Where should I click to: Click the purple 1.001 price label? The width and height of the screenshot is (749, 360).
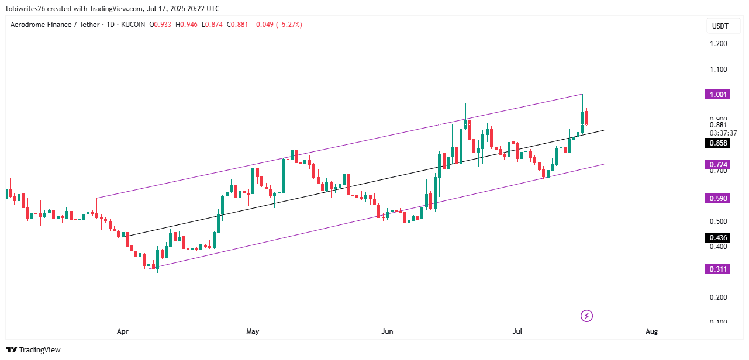click(718, 95)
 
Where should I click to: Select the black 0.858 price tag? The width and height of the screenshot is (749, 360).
click(718, 143)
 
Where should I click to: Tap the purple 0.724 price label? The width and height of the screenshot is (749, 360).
click(718, 165)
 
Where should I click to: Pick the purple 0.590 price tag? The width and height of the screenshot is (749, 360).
click(718, 199)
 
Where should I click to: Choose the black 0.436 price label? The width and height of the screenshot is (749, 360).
click(718, 238)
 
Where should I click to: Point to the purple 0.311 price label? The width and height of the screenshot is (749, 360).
click(718, 269)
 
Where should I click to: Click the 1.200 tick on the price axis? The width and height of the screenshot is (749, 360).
click(718, 44)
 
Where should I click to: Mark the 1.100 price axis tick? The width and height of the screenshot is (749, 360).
click(718, 70)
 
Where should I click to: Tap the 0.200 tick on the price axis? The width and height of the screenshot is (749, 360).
click(718, 297)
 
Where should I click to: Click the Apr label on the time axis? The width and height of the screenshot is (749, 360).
click(122, 331)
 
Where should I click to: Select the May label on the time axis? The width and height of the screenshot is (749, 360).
click(253, 331)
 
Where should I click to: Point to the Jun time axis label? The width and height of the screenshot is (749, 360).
click(387, 331)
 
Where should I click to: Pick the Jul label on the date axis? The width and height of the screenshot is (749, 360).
click(517, 331)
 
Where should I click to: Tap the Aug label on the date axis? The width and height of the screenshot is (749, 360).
click(652, 331)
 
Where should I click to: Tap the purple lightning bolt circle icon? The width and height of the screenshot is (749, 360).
click(587, 316)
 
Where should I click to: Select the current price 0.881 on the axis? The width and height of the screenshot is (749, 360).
click(718, 124)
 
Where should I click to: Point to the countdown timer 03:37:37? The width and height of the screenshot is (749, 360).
click(723, 133)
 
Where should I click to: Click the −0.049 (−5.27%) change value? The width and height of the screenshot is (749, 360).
click(278, 25)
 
